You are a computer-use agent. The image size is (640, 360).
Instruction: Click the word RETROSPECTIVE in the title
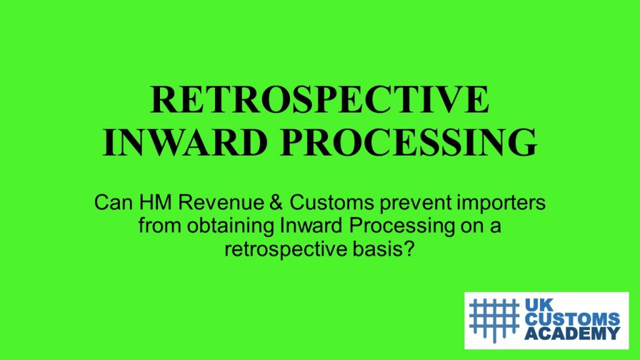(x=319, y=99)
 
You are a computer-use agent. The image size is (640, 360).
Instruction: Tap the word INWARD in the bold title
(x=185, y=142)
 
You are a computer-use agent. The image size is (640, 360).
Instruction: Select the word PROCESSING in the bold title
(x=408, y=142)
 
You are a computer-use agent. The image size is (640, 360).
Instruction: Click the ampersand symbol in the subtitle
(x=276, y=202)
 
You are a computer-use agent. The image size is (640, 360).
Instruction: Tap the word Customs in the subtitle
(x=331, y=202)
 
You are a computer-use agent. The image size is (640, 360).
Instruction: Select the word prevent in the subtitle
(x=416, y=203)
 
